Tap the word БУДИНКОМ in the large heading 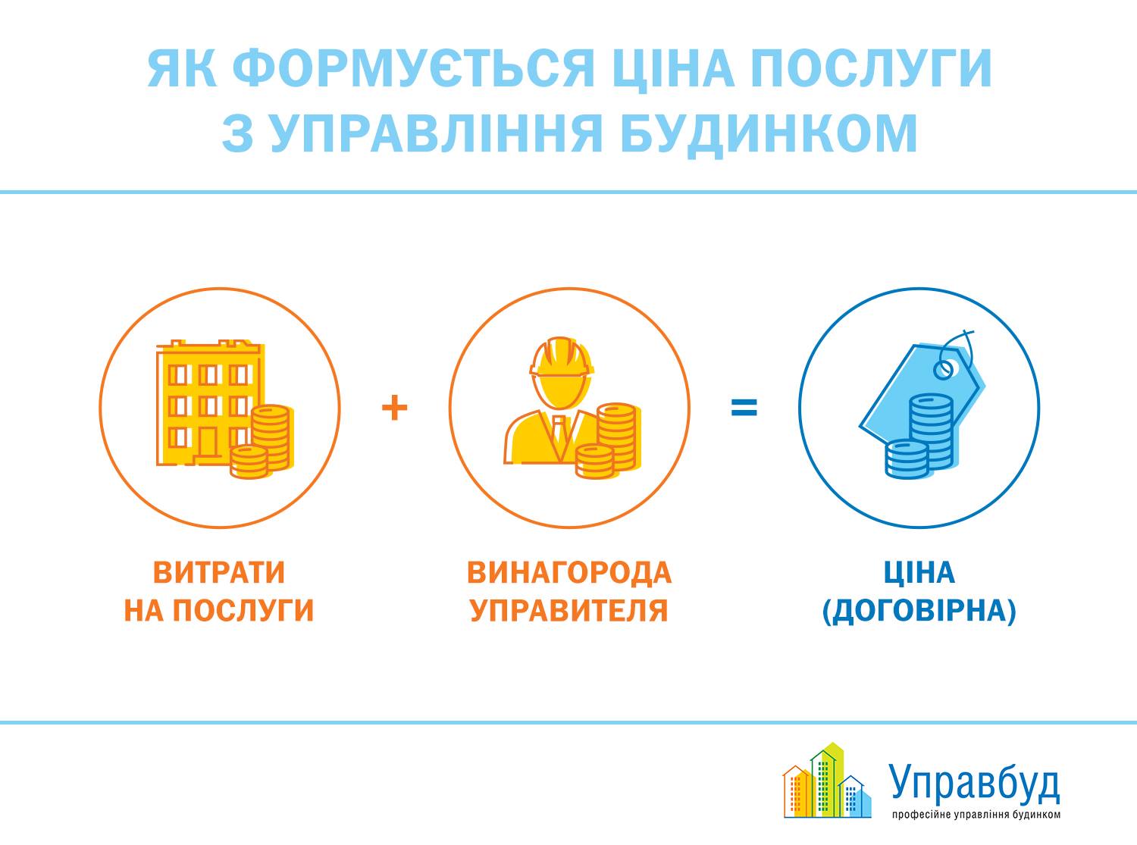tap(769, 133)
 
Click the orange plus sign tap(394, 408)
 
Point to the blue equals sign tap(744, 408)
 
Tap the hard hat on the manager tap(562, 356)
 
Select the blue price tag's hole tap(942, 369)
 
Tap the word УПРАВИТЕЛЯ tap(569, 610)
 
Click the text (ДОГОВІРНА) tap(919, 611)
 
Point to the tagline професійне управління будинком tap(976, 814)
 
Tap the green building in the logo tap(826, 782)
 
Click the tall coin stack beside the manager tap(618, 437)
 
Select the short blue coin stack tap(907, 459)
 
